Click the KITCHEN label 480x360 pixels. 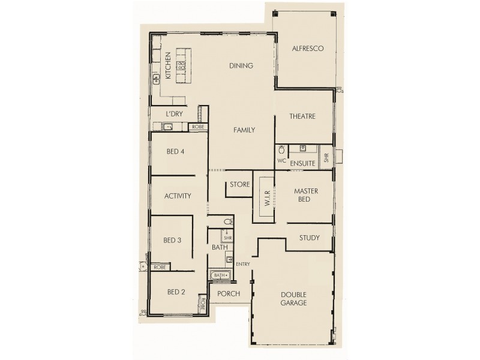[x=168, y=66]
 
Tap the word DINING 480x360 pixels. [x=241, y=66]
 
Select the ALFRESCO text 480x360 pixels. [x=308, y=49]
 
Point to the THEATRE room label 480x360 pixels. [x=302, y=116]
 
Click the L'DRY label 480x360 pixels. [x=174, y=114]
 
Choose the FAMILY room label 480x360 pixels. [x=244, y=130]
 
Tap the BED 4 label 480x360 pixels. [x=175, y=152]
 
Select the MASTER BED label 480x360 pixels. [x=305, y=195]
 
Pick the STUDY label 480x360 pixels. [x=309, y=238]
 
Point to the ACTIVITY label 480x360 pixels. [x=178, y=196]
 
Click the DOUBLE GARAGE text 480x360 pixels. [x=294, y=299]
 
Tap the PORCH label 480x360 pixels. [x=229, y=294]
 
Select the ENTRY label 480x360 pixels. [x=243, y=264]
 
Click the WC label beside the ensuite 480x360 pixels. [x=281, y=161]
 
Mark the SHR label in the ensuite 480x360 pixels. [x=326, y=158]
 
